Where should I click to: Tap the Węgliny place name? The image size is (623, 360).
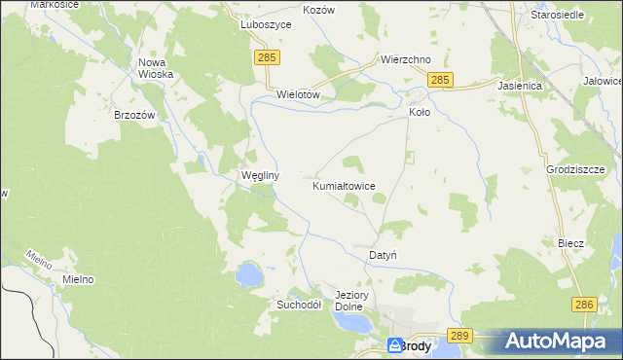[260, 176]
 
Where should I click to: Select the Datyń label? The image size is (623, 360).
[382, 255]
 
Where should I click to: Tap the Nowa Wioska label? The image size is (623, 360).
[155, 68]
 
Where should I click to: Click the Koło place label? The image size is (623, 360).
[419, 112]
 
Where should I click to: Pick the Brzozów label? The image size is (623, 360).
[135, 114]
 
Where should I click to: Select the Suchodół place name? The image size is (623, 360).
[294, 304]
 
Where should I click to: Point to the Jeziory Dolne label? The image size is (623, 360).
[348, 301]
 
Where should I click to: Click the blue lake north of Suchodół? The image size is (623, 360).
[249, 273]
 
